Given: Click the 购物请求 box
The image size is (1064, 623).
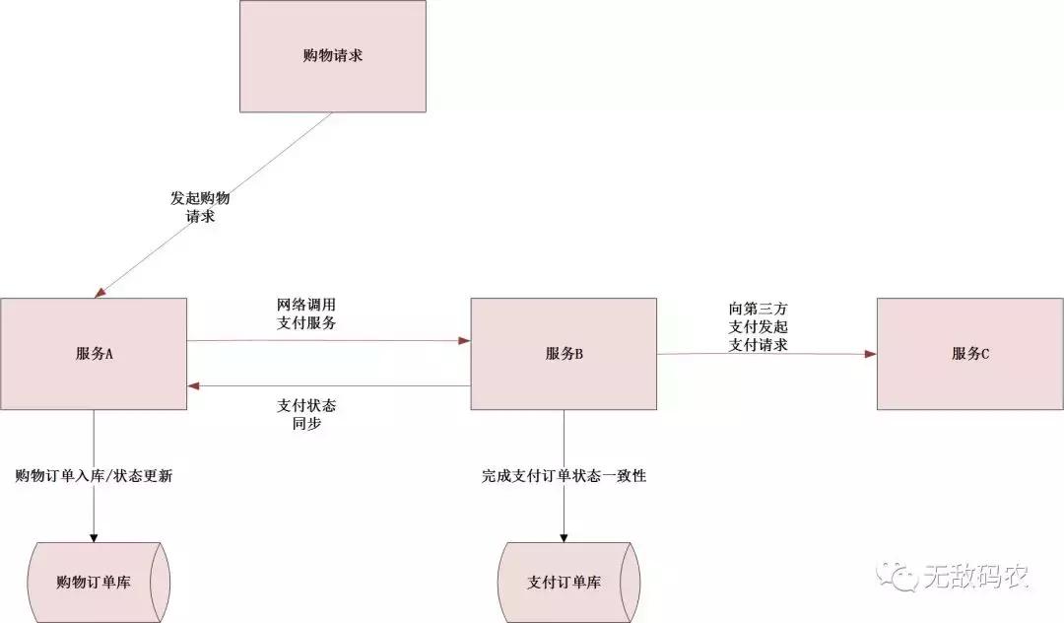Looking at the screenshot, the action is point(333,56).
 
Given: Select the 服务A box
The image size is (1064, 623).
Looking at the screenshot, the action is point(94,354).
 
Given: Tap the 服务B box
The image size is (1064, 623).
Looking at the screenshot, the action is point(564,354).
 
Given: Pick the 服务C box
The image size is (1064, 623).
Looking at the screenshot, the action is point(969,354).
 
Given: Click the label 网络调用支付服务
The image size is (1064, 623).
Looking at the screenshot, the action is point(312,313).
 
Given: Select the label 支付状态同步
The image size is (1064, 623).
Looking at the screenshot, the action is point(312,414).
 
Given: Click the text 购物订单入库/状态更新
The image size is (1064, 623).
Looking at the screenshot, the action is point(96,475).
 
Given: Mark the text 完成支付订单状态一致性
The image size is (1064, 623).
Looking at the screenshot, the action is point(564,476).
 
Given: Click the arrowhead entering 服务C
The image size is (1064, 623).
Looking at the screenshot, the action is point(871,352).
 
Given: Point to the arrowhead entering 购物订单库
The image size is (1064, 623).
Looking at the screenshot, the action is point(94,536).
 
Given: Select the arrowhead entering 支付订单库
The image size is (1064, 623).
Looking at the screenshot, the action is point(564,536).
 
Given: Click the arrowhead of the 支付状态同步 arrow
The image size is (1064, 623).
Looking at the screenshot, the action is point(194,385).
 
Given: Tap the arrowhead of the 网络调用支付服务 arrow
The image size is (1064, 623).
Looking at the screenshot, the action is point(464,341).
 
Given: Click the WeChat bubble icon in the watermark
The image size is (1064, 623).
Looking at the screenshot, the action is point(898,575).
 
